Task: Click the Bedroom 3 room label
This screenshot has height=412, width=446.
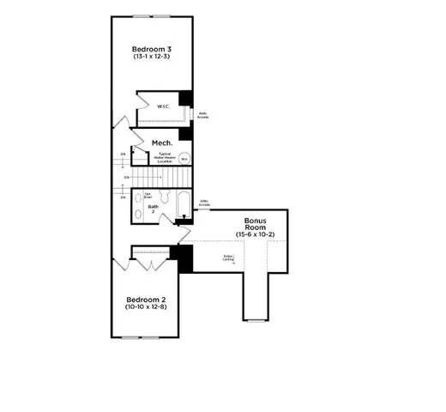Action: (x=149, y=48)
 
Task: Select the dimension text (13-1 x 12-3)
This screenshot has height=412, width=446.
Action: (x=149, y=58)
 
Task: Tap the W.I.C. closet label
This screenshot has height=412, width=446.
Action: (x=163, y=107)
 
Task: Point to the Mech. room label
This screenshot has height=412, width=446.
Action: (x=163, y=142)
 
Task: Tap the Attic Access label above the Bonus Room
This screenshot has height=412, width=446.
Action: (x=205, y=203)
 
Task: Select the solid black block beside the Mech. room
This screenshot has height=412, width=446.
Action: (x=184, y=134)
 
